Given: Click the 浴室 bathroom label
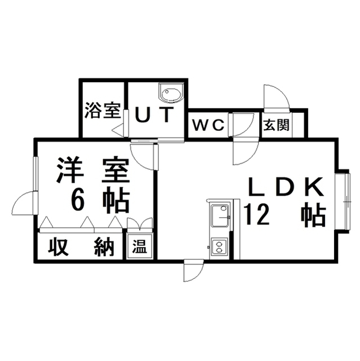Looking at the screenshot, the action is (x=103, y=110).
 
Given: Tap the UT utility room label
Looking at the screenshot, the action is (x=154, y=115).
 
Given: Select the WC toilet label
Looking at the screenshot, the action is (x=208, y=125).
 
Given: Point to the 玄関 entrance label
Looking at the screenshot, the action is (x=276, y=125).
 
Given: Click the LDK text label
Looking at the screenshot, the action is (x=286, y=186).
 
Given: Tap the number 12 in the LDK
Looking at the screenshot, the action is (x=256, y=215).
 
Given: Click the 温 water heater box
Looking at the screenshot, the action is (x=140, y=246).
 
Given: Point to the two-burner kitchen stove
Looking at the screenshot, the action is (x=219, y=246).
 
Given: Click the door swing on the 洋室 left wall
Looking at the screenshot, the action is (x=24, y=203).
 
